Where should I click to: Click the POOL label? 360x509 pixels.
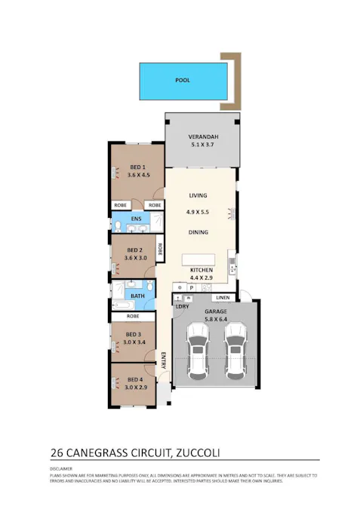coord(183,79)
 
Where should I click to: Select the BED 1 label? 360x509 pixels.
coord(137,167)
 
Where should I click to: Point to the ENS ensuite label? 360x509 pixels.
coord(137,219)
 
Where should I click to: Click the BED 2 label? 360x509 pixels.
coord(134,250)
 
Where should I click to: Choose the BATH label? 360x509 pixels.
coord(137,296)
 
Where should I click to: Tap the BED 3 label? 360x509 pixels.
coord(134,334)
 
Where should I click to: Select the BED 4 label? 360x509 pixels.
coord(134,379)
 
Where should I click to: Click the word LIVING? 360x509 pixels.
coord(198,195)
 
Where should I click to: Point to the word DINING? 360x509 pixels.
coord(198,232)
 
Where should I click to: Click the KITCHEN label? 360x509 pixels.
coord(201,270)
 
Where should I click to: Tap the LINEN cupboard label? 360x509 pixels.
coord(222,299)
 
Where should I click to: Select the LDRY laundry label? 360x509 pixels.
coord(182,307)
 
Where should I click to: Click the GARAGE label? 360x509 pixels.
coord(216,311)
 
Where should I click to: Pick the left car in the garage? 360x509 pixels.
coord(198,350)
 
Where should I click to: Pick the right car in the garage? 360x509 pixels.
coord(235,350)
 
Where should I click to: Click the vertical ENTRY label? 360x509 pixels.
coord(163,360)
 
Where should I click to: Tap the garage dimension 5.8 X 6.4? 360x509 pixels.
coord(216,320)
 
